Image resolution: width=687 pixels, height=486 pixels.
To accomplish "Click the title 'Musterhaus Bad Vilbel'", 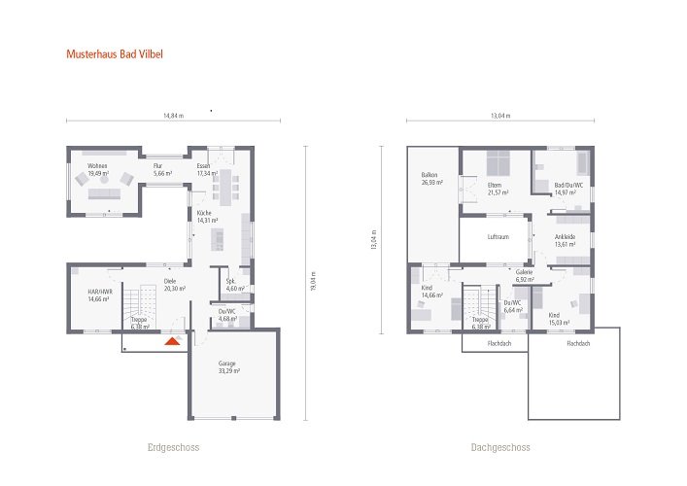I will pyautogui.click(x=115, y=54).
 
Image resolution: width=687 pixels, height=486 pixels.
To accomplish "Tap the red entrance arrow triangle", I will pyautogui.click(x=172, y=340).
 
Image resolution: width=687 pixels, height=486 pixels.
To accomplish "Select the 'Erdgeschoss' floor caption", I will pyautogui.click(x=174, y=448).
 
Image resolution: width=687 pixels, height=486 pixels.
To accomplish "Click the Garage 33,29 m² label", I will pyautogui.click(x=227, y=367).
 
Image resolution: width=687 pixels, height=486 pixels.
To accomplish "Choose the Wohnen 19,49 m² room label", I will pyautogui.click(x=99, y=170).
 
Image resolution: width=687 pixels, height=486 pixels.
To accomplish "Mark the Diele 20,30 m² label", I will pyautogui.click(x=174, y=285).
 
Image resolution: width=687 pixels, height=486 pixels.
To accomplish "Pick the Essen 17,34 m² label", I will pyautogui.click(x=205, y=170).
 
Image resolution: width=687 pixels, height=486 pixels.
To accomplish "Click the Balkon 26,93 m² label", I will pyautogui.click(x=431, y=179).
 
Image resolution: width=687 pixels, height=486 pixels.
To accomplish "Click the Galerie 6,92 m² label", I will pyautogui.click(x=526, y=277).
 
